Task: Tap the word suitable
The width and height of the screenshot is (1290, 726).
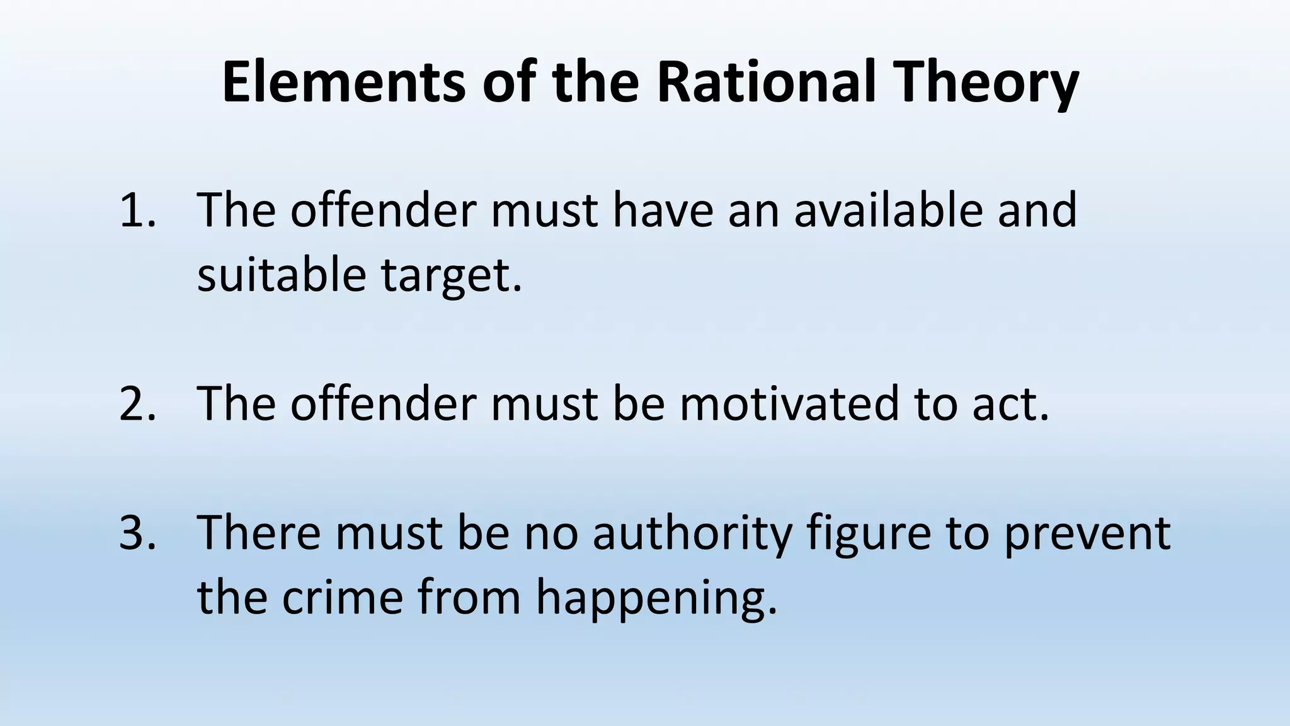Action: [x=281, y=275]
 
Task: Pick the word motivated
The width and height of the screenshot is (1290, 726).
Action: [x=789, y=404]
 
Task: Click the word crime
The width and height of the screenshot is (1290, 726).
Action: [x=342, y=597]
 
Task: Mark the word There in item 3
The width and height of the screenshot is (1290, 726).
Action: [x=258, y=533]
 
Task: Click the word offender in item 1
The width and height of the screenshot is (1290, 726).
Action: [x=383, y=210]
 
